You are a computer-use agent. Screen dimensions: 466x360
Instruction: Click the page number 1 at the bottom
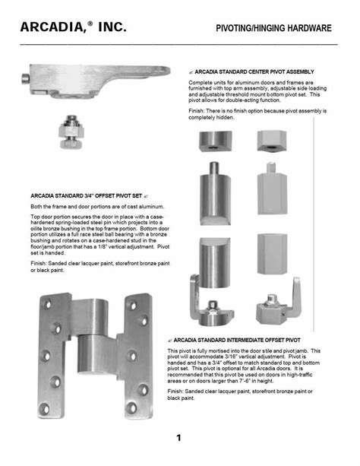click(178, 438)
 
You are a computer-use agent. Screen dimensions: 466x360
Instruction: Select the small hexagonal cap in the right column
click(270, 140)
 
